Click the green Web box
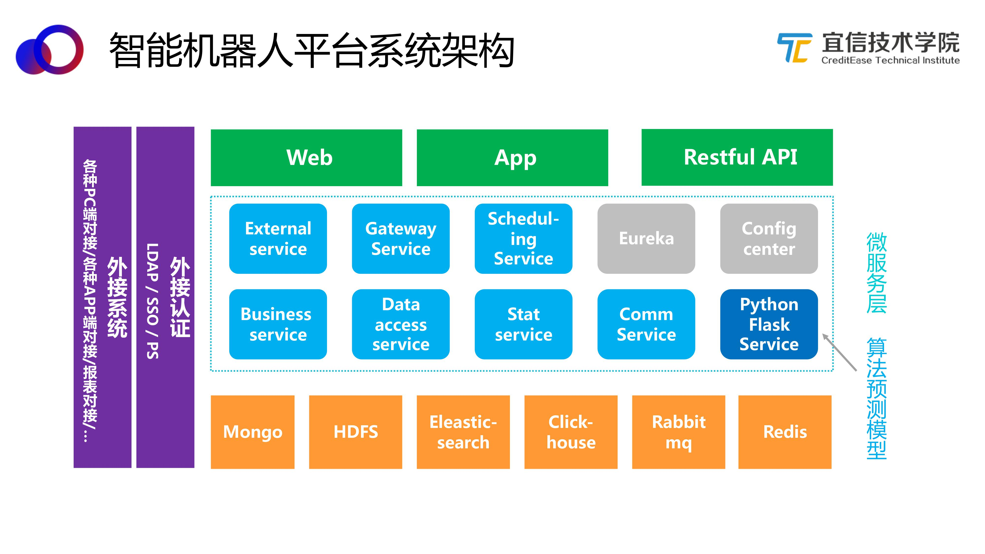pyautogui.click(x=306, y=158)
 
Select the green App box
pyautogui.click(x=512, y=158)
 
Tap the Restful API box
pyautogui.click(x=737, y=157)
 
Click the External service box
pyautogui.click(x=278, y=239)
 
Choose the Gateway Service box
pyautogui.click(x=401, y=239)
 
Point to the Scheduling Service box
pyautogui.click(x=524, y=239)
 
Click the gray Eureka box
pyautogui.click(x=646, y=239)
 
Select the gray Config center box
pyautogui.click(x=769, y=239)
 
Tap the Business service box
pyautogui.click(x=278, y=324)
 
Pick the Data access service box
pyautogui.click(x=401, y=324)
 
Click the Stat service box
pyautogui.click(x=524, y=324)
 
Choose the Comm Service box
pyautogui.click(x=646, y=324)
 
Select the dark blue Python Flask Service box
pyautogui.click(x=769, y=324)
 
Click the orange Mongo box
pyautogui.click(x=253, y=432)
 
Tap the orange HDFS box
pyautogui.click(x=356, y=432)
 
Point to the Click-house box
pyautogui.click(x=571, y=432)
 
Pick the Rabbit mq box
pyautogui.click(x=679, y=432)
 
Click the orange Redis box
pyautogui.click(x=785, y=432)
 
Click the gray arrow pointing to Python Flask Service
pyautogui.click(x=840, y=352)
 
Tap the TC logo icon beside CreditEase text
pyautogui.click(x=795, y=48)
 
